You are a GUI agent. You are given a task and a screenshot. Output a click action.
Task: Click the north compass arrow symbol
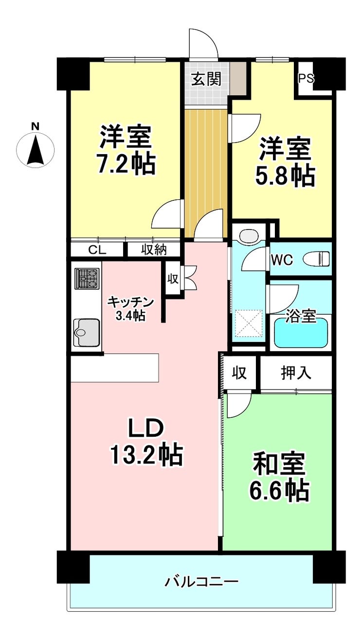tap(36, 149)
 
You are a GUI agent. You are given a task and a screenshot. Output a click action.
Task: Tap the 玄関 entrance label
tap(206, 79)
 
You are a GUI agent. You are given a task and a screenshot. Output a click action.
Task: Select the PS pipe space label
tap(306, 78)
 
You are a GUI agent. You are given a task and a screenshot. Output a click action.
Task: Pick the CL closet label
tap(97, 250)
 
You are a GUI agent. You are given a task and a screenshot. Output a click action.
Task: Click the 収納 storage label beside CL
tap(154, 250)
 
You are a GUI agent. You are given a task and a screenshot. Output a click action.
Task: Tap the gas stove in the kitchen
tap(87, 278)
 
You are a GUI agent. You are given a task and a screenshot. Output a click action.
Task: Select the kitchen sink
tap(87, 332)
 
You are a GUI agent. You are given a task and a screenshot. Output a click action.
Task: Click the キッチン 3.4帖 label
tap(130, 308)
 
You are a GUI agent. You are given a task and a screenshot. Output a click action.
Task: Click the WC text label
tap(282, 260)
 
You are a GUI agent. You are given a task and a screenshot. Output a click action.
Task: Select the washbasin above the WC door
tap(249, 235)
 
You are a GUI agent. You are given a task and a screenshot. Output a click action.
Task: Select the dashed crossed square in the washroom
tap(248, 323)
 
